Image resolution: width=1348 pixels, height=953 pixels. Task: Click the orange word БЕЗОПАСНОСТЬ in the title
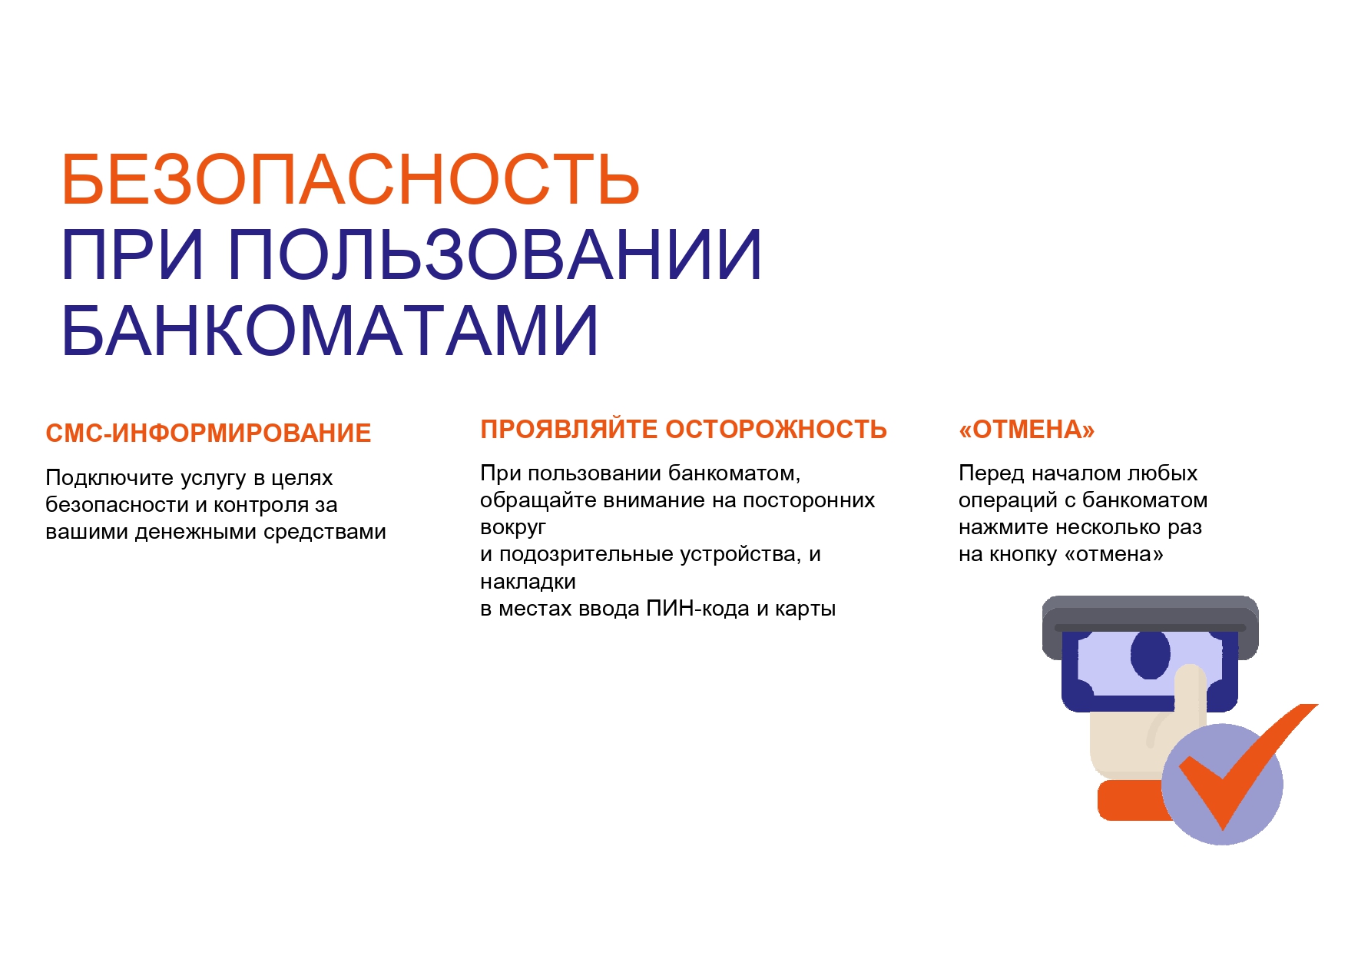(350, 179)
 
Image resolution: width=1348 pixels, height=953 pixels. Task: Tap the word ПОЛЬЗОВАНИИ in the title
(495, 254)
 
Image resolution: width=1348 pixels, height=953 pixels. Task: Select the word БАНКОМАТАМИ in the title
(330, 330)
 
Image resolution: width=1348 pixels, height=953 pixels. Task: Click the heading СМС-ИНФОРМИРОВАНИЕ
(208, 433)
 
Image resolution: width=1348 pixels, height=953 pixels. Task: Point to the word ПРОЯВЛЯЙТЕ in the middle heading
(568, 429)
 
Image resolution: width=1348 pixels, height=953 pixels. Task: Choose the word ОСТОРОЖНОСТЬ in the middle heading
(777, 429)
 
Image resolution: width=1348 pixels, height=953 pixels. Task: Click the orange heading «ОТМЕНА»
(1026, 429)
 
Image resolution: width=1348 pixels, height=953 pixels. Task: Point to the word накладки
(528, 582)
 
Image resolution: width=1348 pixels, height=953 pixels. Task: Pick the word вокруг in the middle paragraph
(513, 528)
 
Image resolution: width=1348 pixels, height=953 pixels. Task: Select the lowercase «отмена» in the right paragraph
(1114, 554)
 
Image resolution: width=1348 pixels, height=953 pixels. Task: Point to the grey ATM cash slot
(1150, 626)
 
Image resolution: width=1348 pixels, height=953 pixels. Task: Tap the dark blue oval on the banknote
(1150, 655)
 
